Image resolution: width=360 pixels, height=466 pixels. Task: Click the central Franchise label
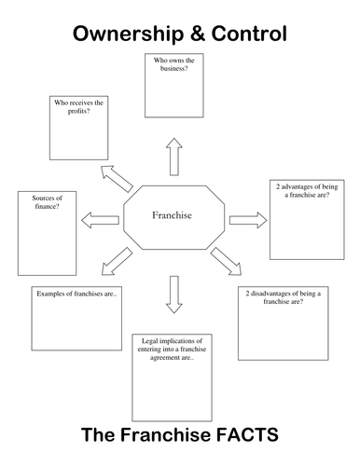click(172, 215)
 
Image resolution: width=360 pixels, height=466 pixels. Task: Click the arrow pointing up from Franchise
click(173, 157)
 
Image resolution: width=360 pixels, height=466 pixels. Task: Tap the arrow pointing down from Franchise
click(173, 295)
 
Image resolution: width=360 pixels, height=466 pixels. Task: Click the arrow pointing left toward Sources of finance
click(101, 219)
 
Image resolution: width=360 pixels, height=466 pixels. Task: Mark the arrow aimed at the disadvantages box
click(226, 262)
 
